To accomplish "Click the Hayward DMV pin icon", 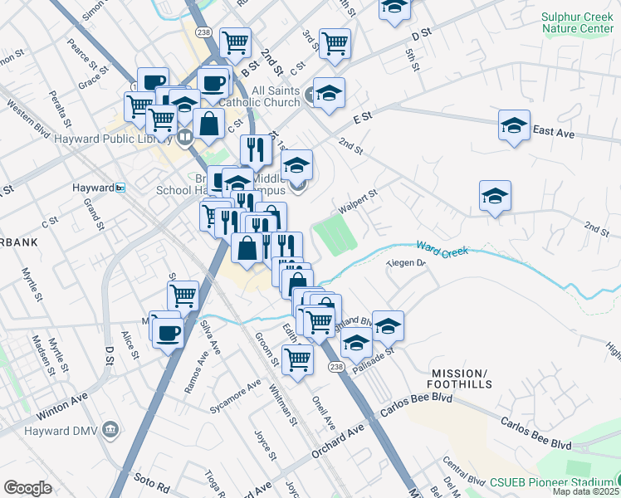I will (x=112, y=428).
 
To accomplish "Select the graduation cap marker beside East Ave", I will (x=514, y=126).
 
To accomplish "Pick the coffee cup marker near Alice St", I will (x=167, y=331).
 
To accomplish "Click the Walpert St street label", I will (x=359, y=200).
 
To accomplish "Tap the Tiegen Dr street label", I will (x=407, y=264).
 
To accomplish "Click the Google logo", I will (x=27, y=488).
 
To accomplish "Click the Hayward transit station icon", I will (x=120, y=188).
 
